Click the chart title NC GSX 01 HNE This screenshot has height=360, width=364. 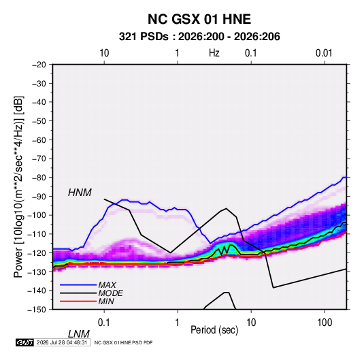point(199,19)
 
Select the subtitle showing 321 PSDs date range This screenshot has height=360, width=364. point(199,37)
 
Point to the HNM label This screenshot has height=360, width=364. point(80,193)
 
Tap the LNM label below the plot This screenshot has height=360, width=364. point(78,334)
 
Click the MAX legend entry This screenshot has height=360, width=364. point(107,285)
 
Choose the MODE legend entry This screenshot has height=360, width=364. point(110,293)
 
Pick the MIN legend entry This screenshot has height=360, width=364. point(106,301)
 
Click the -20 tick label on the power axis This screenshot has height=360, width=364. point(39,65)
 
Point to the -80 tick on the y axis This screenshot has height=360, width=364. point(39,178)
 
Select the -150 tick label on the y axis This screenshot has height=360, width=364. point(37,310)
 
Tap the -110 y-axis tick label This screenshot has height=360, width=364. point(37,234)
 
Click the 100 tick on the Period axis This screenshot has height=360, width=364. point(325,323)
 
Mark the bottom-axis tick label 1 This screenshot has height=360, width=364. point(178,323)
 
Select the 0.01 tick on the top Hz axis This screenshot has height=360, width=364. point(324,53)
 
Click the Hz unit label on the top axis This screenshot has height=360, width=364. point(214,53)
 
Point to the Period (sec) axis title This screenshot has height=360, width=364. point(214,330)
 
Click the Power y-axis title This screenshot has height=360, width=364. point(18,186)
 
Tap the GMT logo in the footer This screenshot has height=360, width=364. point(24,342)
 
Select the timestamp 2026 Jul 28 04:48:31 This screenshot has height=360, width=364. point(62,342)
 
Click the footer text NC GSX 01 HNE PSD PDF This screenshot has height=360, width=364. point(124,342)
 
